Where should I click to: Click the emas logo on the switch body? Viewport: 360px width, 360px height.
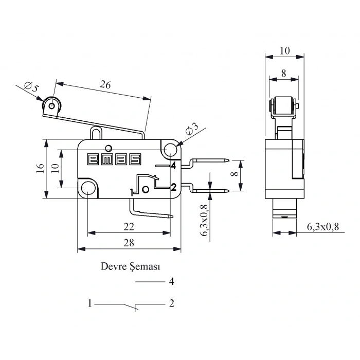[114, 159]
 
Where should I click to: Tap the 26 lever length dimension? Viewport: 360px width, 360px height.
[105, 84]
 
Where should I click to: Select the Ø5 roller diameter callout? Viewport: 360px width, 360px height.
[31, 87]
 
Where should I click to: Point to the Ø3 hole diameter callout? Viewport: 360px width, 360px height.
[192, 130]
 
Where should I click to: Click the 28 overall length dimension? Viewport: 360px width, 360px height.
[129, 243]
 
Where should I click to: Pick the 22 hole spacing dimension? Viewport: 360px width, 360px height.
[129, 227]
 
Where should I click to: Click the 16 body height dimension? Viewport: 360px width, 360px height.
[41, 168]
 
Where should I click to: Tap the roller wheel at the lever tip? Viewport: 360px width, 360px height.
[52, 106]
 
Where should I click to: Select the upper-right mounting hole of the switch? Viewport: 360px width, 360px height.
[171, 150]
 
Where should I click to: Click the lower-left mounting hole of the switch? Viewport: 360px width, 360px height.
[88, 188]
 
